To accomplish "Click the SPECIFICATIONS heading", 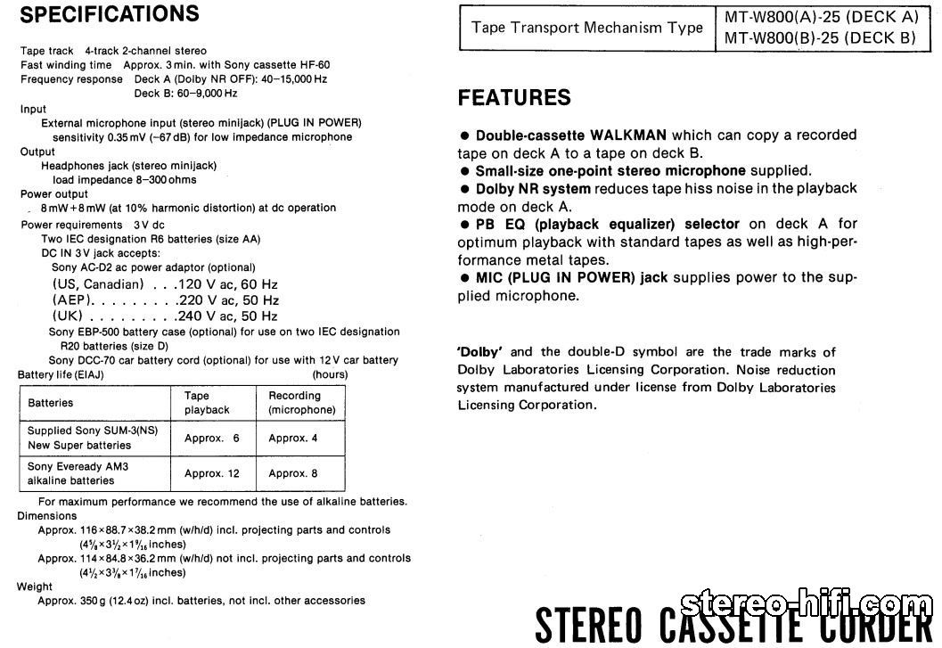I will pyautogui.click(x=110, y=14).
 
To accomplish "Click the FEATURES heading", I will pyautogui.click(x=514, y=98).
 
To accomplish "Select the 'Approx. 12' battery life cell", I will pyautogui.click(x=212, y=473).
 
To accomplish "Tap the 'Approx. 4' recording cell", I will pyautogui.click(x=293, y=438).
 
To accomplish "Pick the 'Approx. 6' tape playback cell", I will pyautogui.click(x=212, y=438).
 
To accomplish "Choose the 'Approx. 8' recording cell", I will pyautogui.click(x=293, y=473).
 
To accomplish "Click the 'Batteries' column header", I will pyautogui.click(x=51, y=403).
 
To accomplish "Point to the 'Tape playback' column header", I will pyautogui.click(x=207, y=403).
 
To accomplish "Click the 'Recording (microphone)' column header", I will pyautogui.click(x=301, y=403).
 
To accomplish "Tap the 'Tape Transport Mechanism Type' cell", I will pyautogui.click(x=587, y=28).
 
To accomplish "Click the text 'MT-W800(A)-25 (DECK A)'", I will pyautogui.click(x=821, y=18).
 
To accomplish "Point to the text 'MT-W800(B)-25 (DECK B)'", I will pyautogui.click(x=821, y=38).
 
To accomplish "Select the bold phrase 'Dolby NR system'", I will pyautogui.click(x=533, y=189).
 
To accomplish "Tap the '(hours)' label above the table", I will pyautogui.click(x=330, y=374).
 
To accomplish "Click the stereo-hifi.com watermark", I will pyautogui.click(x=803, y=606).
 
